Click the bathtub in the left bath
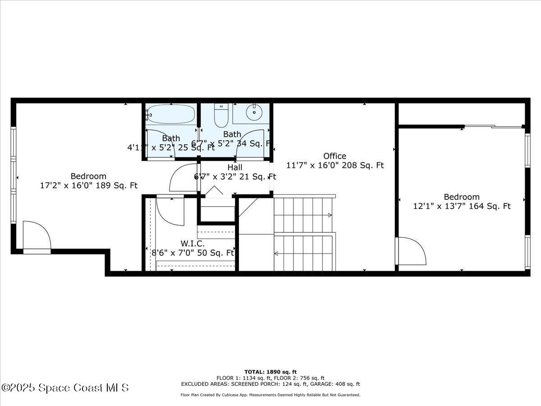(x=171, y=114)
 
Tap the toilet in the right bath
(x=221, y=116)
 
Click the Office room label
(x=335, y=156)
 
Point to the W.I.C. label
(x=193, y=244)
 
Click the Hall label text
(x=234, y=167)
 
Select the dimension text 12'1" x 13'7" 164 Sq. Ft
(x=462, y=206)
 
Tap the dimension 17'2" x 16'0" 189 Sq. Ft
(x=89, y=185)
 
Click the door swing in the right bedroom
(x=411, y=251)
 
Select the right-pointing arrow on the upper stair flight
(x=330, y=215)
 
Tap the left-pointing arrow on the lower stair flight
(x=276, y=253)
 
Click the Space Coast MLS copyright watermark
(x=65, y=388)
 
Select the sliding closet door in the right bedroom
(x=493, y=127)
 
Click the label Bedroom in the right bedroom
(x=462, y=197)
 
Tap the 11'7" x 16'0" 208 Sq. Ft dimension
(x=335, y=166)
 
